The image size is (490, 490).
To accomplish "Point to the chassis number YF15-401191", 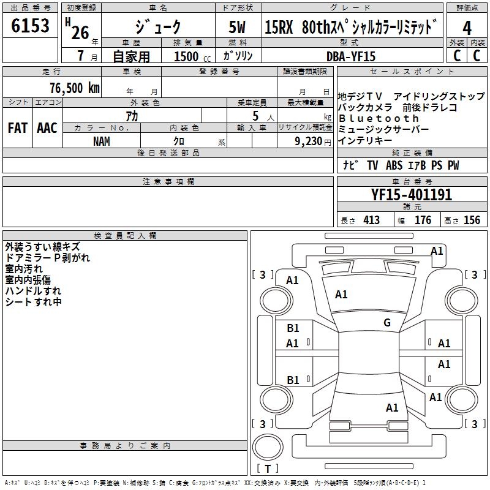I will pyautogui.click(x=412, y=195).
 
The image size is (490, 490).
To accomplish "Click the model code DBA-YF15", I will pyautogui.click(x=352, y=56).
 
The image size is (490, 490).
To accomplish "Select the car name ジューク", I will pyautogui.click(x=158, y=28).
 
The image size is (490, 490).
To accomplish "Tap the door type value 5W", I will pyautogui.click(x=238, y=28).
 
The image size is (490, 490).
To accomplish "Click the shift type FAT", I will pyautogui.click(x=17, y=127).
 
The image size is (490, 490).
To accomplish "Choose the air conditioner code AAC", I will pyautogui.click(x=47, y=127).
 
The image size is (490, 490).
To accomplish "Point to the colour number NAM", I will pyautogui.click(x=102, y=141).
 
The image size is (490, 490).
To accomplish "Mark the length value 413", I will pyautogui.click(x=371, y=220).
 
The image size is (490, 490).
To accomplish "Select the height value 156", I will pyautogui.click(x=472, y=220).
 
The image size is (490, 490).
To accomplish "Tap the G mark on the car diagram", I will pyautogui.click(x=386, y=323).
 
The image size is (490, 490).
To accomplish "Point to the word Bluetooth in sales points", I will pyautogui.click(x=379, y=118).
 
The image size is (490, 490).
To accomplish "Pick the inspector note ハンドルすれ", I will pyautogui.click(x=33, y=290).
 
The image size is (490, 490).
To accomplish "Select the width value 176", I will pyautogui.click(x=423, y=220).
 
